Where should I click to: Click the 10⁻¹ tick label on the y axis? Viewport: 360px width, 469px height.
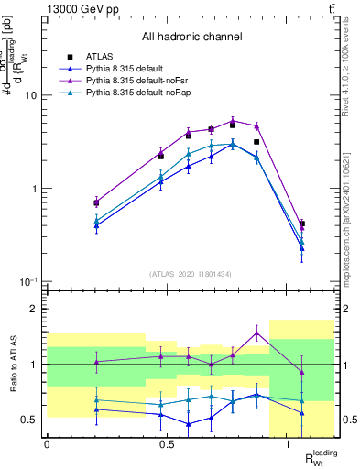click(28, 282)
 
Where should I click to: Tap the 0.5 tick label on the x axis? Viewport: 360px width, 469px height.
click(167, 444)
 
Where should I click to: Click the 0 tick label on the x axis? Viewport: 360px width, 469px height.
click(47, 444)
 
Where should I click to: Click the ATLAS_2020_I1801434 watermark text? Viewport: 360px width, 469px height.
click(191, 274)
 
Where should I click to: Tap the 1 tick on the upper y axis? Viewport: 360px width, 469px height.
click(35, 189)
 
